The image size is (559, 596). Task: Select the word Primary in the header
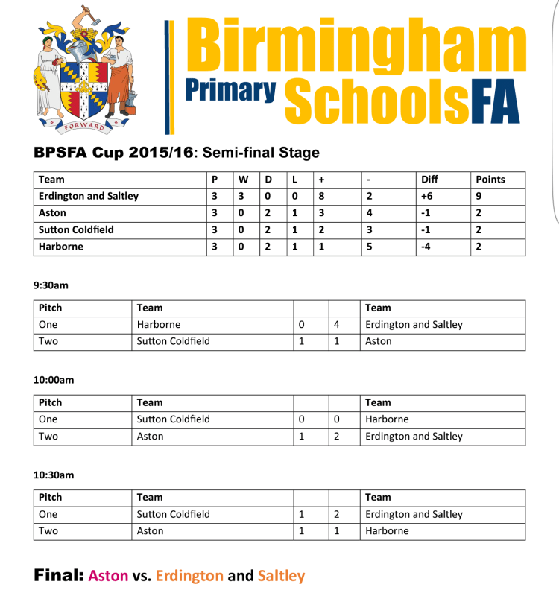point(230,89)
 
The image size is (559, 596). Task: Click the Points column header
point(490,180)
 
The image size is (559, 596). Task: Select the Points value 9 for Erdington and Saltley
point(479,197)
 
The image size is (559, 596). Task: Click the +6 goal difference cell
point(427,197)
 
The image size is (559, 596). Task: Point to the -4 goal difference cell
point(426,247)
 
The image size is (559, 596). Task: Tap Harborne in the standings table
point(60,247)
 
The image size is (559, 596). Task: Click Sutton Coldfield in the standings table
point(76,229)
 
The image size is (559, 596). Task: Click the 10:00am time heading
point(54,380)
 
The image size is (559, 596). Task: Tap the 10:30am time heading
point(54,475)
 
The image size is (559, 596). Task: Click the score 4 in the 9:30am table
point(337,325)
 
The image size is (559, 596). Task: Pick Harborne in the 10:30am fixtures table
point(387,531)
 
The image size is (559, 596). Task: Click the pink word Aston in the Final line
point(108,576)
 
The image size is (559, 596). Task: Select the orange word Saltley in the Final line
point(281,576)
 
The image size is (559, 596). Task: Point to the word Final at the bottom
point(58,576)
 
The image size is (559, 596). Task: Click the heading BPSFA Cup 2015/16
point(113,153)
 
